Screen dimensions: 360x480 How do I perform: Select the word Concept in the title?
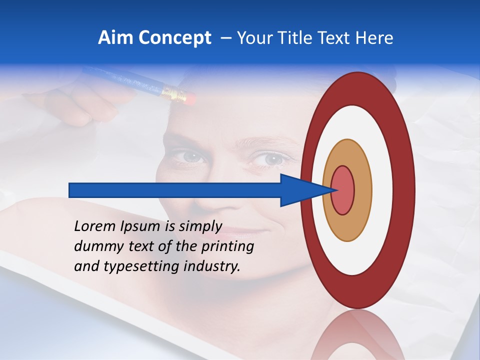pyautogui.click(x=174, y=38)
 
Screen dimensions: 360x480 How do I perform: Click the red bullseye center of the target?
pyautogui.click(x=342, y=190)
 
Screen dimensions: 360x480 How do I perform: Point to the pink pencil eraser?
pyautogui.click(x=187, y=96)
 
